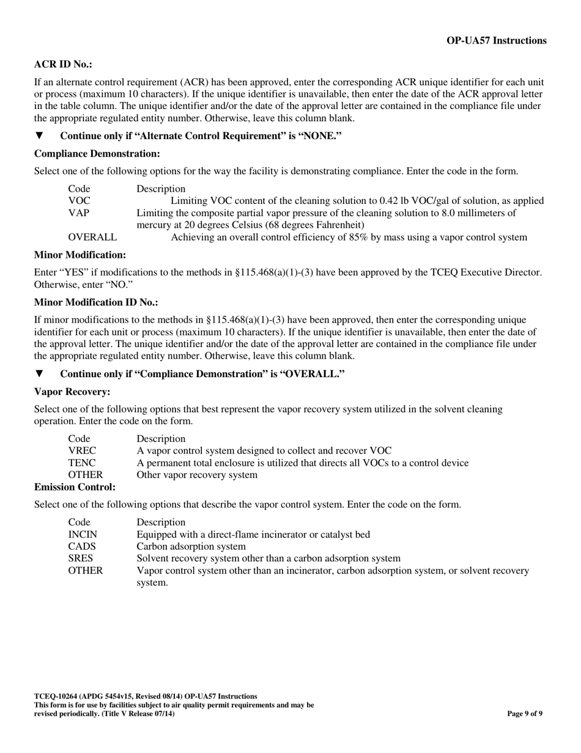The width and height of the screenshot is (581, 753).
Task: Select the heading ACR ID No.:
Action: tap(63, 64)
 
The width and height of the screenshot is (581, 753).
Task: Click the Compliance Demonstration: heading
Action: tap(97, 154)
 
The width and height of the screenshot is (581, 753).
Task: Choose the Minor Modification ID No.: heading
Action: tap(96, 302)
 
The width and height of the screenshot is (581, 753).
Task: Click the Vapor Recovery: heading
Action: tap(72, 391)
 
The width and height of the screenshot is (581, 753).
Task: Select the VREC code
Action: tap(81, 451)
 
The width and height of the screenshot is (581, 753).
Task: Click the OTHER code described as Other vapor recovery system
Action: tap(85, 475)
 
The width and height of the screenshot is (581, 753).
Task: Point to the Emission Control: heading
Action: tap(75, 487)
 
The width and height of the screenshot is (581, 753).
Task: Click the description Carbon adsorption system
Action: tap(191, 546)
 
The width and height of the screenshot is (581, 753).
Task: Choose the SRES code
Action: tap(81, 558)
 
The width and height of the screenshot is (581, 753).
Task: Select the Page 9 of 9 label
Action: tap(525, 713)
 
